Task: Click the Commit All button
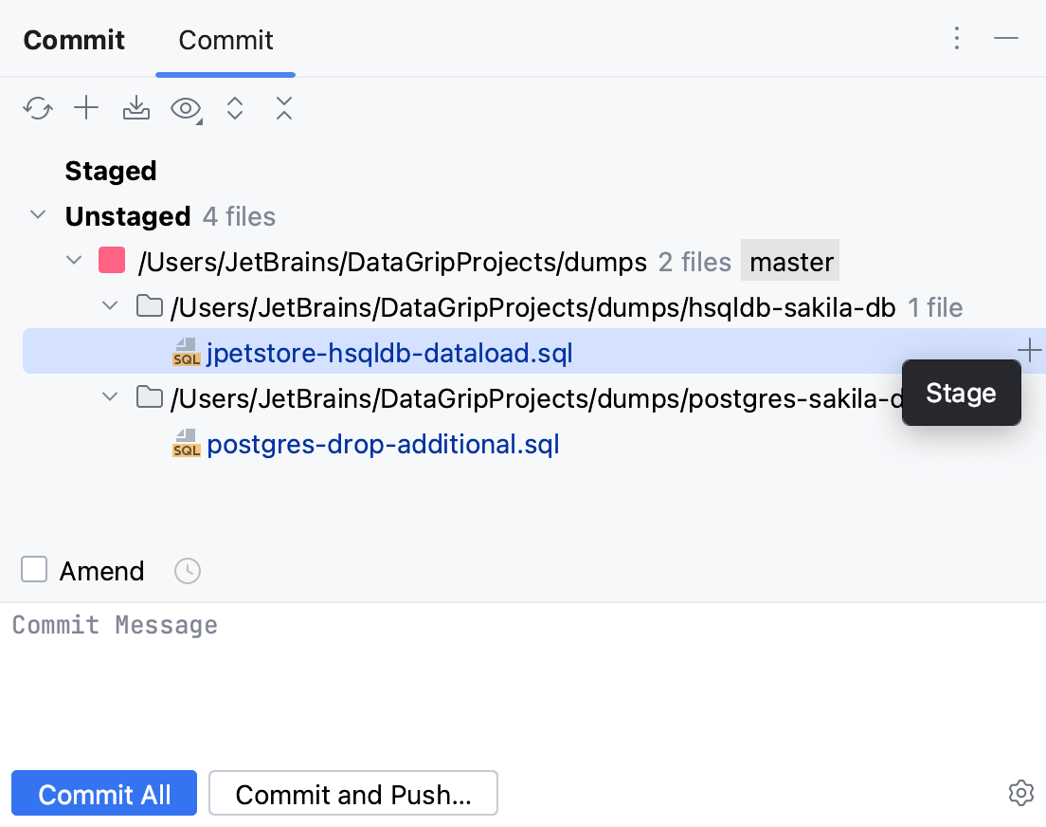click(x=104, y=794)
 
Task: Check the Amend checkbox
click(x=34, y=570)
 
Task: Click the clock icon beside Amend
click(x=188, y=571)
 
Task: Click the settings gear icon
click(x=1020, y=793)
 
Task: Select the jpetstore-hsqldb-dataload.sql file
click(x=389, y=354)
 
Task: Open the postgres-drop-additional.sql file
click(x=383, y=444)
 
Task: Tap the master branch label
click(x=791, y=262)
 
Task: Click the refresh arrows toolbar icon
click(x=37, y=109)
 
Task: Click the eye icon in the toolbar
click(x=186, y=109)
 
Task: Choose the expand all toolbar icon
click(x=236, y=109)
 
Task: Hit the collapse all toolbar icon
click(x=284, y=109)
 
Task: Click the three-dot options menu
click(x=957, y=39)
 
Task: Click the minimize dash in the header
click(x=1006, y=39)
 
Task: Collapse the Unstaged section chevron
click(x=38, y=215)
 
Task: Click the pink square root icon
click(x=112, y=261)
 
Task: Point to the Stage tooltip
click(x=961, y=394)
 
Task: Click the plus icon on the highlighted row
click(x=1029, y=352)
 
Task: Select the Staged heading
click(x=111, y=172)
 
